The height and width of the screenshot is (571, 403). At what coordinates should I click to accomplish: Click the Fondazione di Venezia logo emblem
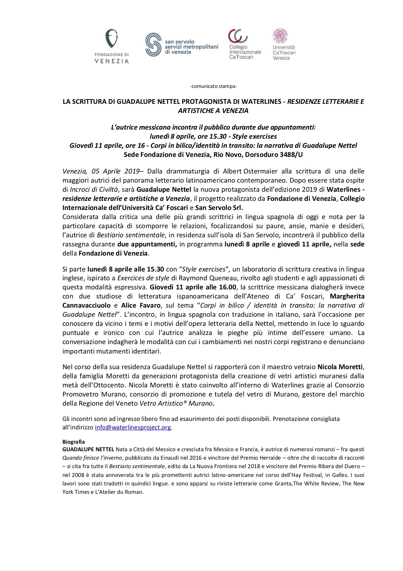[111, 39]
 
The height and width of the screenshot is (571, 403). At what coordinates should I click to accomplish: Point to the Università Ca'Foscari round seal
[280, 36]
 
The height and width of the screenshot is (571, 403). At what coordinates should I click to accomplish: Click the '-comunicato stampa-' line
[213, 86]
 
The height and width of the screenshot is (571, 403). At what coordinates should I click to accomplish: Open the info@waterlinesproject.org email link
[133, 427]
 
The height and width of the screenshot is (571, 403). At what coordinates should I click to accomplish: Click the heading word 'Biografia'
[73, 442]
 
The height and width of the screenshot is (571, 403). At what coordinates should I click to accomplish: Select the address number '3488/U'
[291, 155]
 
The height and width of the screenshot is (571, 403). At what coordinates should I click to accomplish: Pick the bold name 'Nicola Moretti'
[340, 367]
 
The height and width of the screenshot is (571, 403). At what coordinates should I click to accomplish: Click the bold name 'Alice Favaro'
[141, 305]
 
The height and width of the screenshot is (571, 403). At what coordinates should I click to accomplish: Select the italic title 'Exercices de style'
[143, 278]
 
